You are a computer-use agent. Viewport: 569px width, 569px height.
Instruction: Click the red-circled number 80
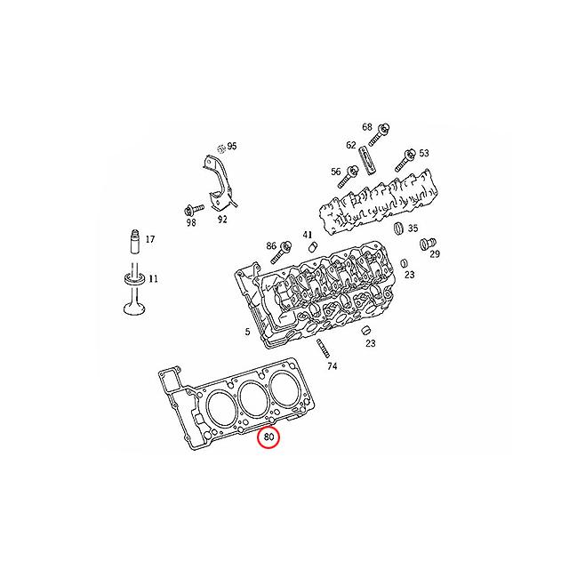(x=268, y=437)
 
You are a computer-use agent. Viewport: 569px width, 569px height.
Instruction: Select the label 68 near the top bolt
(x=367, y=127)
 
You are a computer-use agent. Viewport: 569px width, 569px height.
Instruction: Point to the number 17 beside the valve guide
(x=149, y=239)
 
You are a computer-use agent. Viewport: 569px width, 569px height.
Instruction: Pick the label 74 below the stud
(x=332, y=365)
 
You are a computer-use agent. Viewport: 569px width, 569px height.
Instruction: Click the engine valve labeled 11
(x=132, y=293)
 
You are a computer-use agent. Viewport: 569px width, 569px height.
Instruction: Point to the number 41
(x=308, y=235)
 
